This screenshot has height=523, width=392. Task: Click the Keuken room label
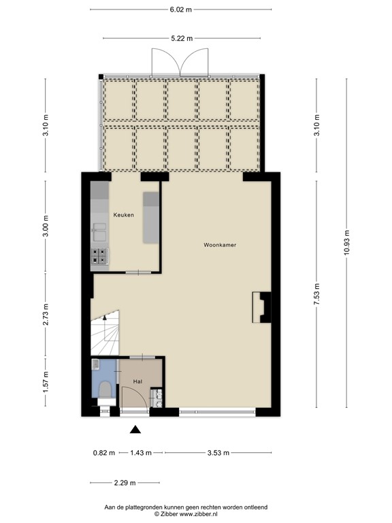(x=123, y=215)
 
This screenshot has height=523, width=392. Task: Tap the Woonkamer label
(x=219, y=244)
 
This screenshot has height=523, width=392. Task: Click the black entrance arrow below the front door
(x=135, y=429)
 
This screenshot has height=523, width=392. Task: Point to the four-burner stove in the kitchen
(x=99, y=256)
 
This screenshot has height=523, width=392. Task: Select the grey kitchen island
(x=150, y=218)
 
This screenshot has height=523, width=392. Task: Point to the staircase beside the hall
(x=105, y=334)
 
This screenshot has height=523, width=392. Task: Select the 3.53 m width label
(x=218, y=452)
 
